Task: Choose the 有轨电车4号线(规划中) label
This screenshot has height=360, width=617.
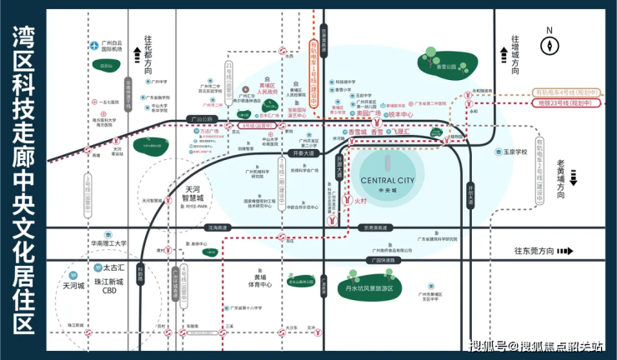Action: [x=566, y=92]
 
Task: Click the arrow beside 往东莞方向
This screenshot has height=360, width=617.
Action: [x=565, y=251]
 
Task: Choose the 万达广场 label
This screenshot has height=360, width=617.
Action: [x=210, y=132]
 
